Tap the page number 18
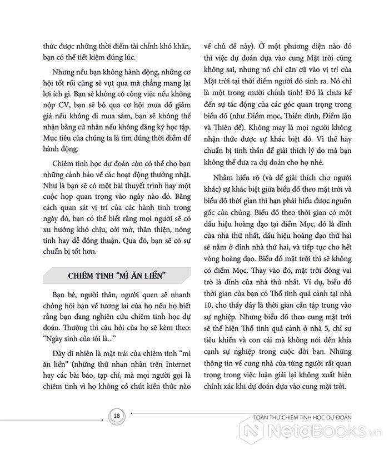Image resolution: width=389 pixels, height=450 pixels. pos(116,417)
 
